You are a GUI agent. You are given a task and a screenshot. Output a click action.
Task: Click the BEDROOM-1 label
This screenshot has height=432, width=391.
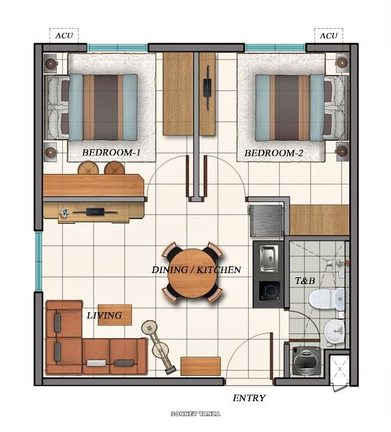coord(111,153)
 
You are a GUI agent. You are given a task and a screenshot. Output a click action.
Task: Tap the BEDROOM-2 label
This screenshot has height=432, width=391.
coord(273,153)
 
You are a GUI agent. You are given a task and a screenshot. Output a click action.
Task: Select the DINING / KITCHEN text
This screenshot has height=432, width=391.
coord(196,270)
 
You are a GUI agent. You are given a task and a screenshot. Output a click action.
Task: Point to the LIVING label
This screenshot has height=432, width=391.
coord(105,316)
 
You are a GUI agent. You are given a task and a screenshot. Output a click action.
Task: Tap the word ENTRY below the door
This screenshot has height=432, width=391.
coord(249,398)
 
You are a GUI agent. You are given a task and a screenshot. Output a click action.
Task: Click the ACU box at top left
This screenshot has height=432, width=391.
coord(64,36)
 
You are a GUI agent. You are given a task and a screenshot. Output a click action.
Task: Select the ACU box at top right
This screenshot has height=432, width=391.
coord(329,36)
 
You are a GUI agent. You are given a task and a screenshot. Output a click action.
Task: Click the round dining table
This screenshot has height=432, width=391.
coord(192,272)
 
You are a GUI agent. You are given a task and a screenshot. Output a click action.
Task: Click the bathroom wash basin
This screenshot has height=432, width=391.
coord(334,331)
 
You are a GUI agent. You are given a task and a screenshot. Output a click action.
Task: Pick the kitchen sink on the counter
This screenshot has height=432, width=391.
coord(268,256)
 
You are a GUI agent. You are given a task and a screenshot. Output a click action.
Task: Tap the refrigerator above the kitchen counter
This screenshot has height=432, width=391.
coord(267,220)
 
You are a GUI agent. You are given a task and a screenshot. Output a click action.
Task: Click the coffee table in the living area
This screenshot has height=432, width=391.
coord(114,315)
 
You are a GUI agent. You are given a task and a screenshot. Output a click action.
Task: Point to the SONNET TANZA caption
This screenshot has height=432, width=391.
coord(195,414)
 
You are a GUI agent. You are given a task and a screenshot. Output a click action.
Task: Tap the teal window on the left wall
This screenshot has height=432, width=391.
coord(38,261)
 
